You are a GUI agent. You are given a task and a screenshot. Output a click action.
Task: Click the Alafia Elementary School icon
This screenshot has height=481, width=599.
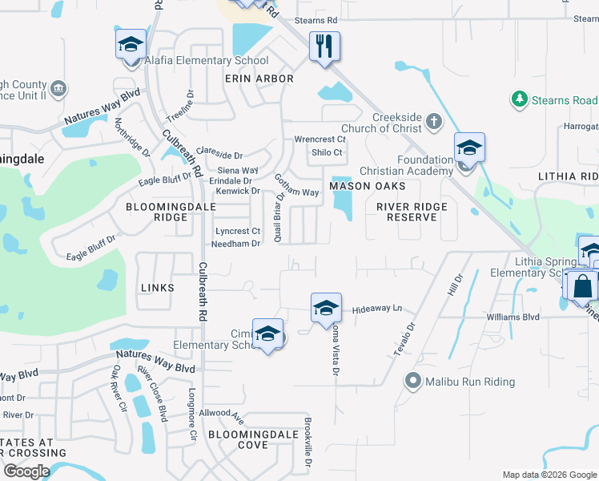coord(130,45)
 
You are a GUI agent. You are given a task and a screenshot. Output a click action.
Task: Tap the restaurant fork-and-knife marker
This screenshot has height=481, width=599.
coord(324,45)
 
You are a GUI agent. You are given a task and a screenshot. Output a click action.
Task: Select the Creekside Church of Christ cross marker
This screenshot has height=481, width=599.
coord(433,122)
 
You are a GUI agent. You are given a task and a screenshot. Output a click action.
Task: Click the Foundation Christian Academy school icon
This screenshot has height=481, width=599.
coord(469,148)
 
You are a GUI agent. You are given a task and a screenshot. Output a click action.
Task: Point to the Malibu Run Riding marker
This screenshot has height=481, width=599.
coord(413,381)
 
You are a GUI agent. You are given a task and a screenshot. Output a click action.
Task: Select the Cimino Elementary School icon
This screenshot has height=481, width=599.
coord(267,333)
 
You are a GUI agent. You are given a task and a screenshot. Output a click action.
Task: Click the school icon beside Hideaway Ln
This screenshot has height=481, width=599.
coord(325,308)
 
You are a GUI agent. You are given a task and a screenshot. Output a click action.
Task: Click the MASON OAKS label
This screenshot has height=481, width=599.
coord(368,186)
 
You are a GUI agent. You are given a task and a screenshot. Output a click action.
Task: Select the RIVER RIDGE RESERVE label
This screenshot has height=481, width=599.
coord(412,212)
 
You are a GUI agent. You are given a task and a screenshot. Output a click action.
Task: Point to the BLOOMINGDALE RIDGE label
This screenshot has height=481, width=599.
coord(158,212)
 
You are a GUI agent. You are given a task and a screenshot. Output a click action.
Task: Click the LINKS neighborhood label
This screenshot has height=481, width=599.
coord(157,287)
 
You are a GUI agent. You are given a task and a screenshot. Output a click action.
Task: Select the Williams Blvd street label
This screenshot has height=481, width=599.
coord(513,317)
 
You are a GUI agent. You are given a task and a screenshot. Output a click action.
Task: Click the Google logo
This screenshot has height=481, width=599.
coord(26,471)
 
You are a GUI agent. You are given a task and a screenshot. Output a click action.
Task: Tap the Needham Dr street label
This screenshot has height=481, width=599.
coord(237,244)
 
